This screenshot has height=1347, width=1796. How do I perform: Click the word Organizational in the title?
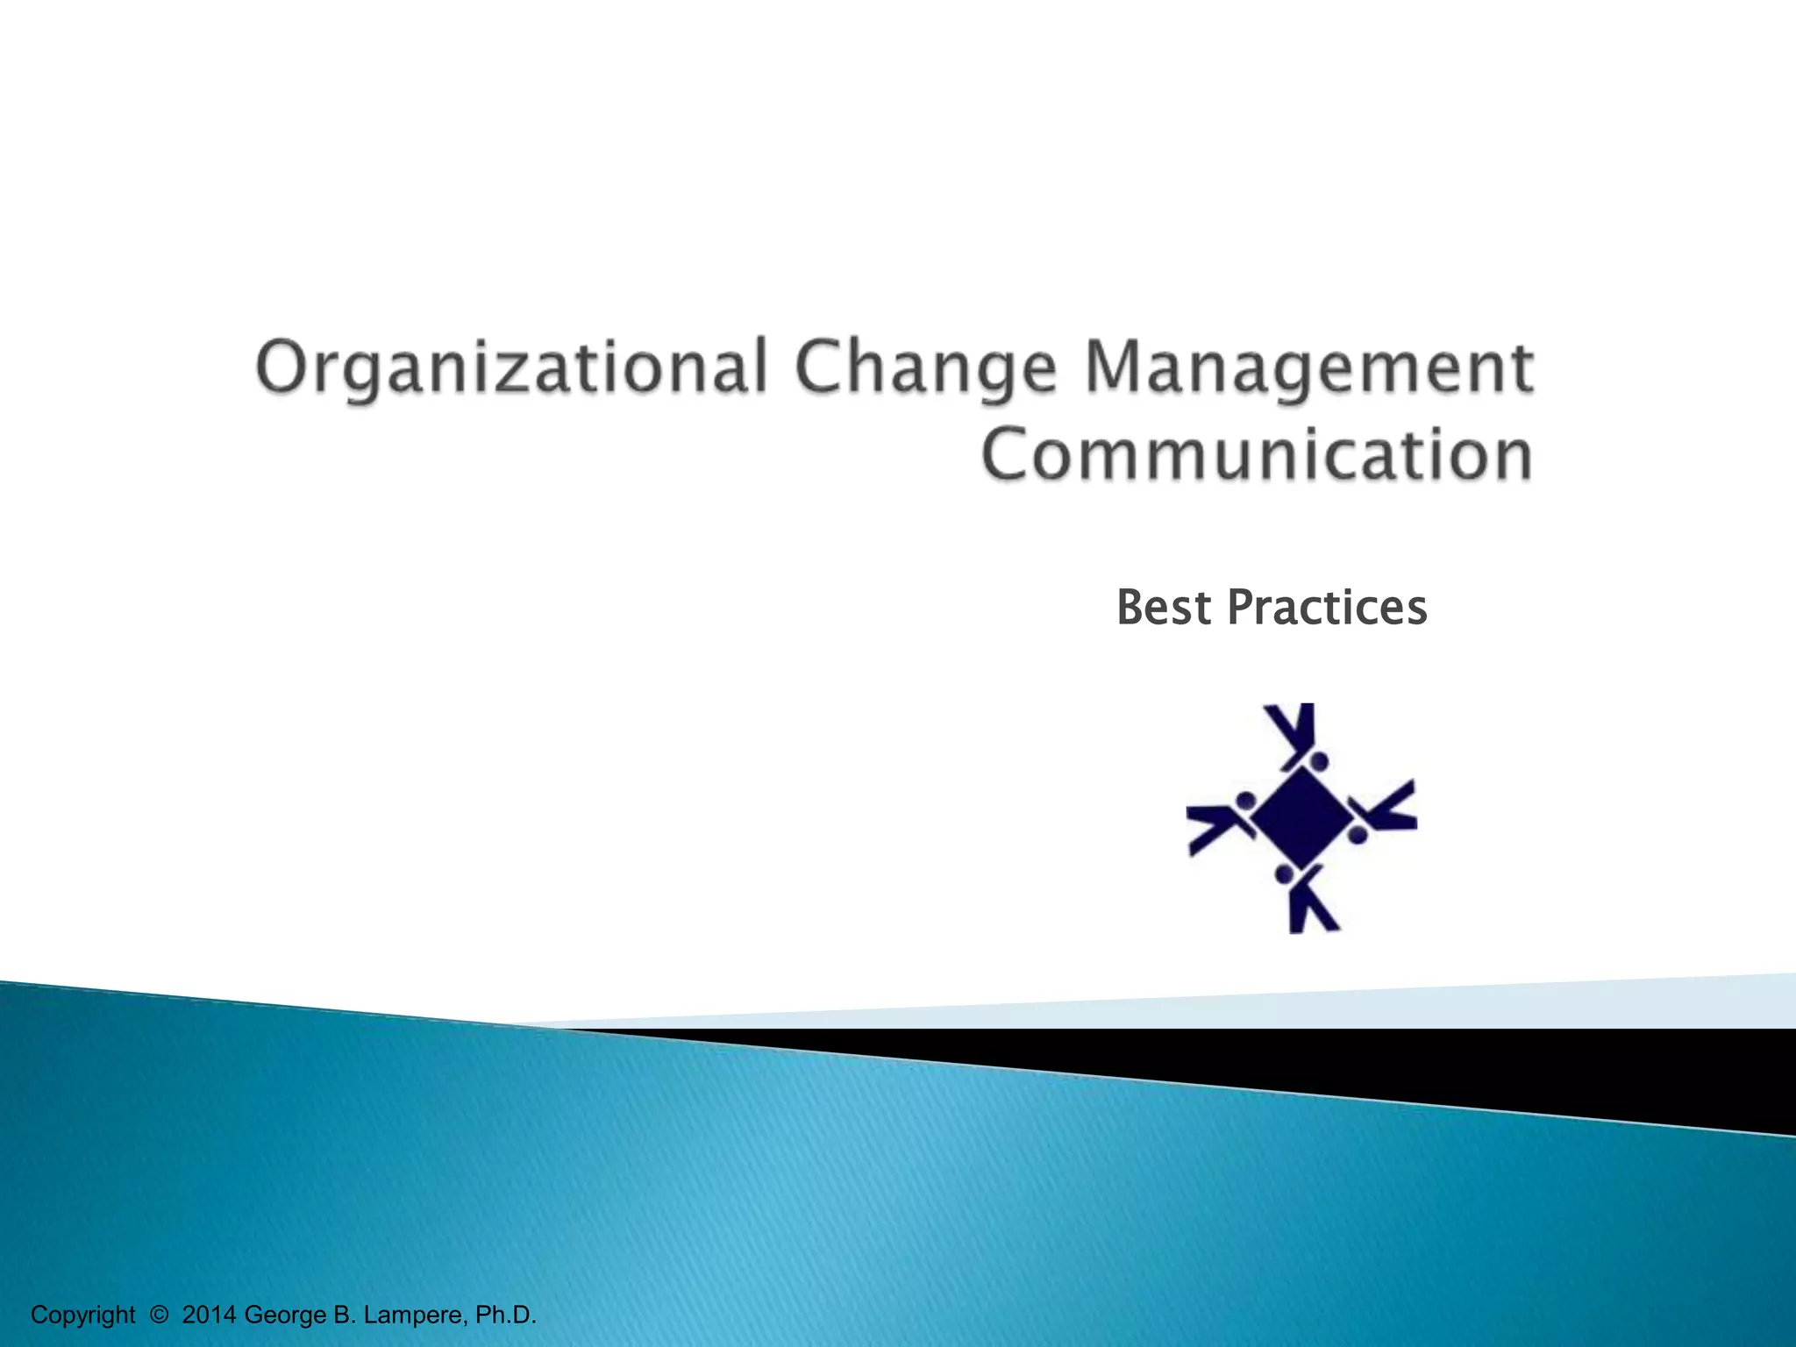tap(511, 368)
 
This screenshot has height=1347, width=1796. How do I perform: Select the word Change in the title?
tap(926, 368)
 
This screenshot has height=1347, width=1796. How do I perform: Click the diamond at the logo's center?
tap(1301, 817)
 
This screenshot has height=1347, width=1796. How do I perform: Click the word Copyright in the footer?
tap(82, 1315)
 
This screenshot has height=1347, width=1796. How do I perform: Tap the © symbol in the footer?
tap(159, 1315)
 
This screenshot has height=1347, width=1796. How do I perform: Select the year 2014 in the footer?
tap(209, 1315)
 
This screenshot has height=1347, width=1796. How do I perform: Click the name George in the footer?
tap(285, 1315)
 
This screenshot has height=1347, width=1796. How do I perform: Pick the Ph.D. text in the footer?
tap(505, 1315)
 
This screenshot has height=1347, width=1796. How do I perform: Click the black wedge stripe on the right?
tap(1579, 1070)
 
